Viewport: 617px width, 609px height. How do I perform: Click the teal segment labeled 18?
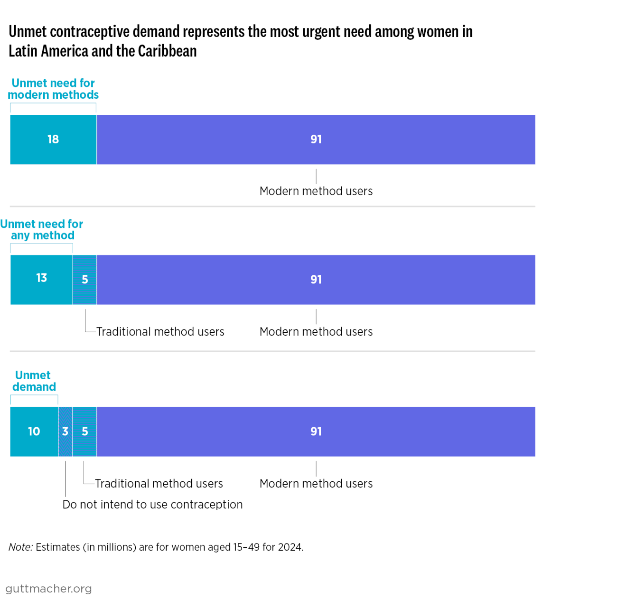point(53,140)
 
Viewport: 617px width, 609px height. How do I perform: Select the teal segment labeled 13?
point(41,280)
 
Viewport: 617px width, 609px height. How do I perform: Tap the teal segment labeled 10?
point(34,431)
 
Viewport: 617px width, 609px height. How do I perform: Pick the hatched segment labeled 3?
point(65,431)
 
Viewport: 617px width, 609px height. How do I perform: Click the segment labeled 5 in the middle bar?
point(85,280)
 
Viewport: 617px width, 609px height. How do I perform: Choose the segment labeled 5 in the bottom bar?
point(85,431)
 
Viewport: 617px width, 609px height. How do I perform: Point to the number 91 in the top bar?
point(316,140)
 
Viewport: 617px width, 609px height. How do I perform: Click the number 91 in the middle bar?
point(316,280)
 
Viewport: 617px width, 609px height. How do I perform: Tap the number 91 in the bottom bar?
point(316,431)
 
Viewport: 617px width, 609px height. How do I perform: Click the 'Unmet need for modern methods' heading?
point(53,89)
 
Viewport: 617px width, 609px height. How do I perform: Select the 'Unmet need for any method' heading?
point(42,230)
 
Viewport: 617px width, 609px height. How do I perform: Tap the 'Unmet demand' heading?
point(34,381)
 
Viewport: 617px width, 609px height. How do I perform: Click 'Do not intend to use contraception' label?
point(152,505)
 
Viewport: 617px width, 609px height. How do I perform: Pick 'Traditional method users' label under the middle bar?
point(160,332)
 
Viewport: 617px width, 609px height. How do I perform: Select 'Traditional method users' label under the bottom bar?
point(159,484)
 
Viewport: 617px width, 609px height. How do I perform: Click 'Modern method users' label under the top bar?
point(316,191)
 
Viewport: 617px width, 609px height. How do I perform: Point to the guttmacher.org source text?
point(48,589)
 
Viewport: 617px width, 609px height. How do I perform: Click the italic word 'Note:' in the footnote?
point(21,547)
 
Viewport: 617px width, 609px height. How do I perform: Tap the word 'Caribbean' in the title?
point(167,51)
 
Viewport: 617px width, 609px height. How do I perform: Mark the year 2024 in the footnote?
point(290,547)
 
